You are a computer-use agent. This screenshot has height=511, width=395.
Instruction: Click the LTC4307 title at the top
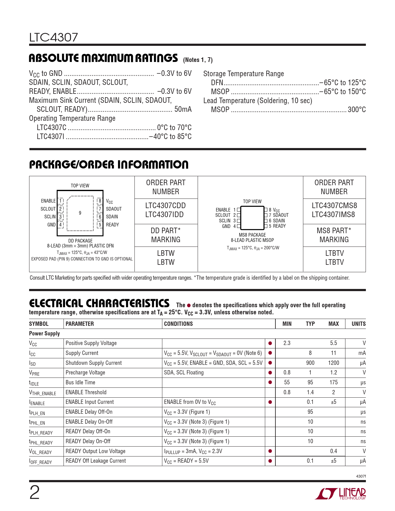(54, 37)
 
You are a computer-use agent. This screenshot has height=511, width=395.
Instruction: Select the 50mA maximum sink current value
(183, 109)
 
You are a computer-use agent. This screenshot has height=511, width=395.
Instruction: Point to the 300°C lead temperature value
(357, 110)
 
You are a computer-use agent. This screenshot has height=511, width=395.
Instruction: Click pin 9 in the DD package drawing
(80, 213)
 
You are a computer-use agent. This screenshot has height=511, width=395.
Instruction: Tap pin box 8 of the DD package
(100, 201)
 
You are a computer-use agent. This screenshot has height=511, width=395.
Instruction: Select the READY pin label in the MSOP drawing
(279, 226)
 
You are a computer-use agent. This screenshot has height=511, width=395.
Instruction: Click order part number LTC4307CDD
(165, 206)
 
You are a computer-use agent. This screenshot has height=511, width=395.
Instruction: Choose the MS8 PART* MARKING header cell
(334, 235)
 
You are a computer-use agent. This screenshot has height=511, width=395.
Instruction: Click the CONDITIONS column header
(178, 324)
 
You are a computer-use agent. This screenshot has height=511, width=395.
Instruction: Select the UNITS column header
(358, 324)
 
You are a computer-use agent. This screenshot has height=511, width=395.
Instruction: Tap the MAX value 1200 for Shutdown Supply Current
(333, 363)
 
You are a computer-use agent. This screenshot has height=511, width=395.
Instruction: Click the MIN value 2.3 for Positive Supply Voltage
(287, 343)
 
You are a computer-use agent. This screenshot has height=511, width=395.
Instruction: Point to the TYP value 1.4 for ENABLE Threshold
(310, 392)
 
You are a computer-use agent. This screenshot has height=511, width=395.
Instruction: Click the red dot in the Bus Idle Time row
(270, 382)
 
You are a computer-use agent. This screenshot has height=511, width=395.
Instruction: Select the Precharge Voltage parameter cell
(85, 373)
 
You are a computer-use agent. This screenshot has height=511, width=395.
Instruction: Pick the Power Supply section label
(44, 334)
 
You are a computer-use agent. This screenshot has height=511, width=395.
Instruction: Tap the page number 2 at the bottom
(34, 493)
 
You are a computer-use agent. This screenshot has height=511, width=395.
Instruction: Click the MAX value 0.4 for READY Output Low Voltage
(333, 451)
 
